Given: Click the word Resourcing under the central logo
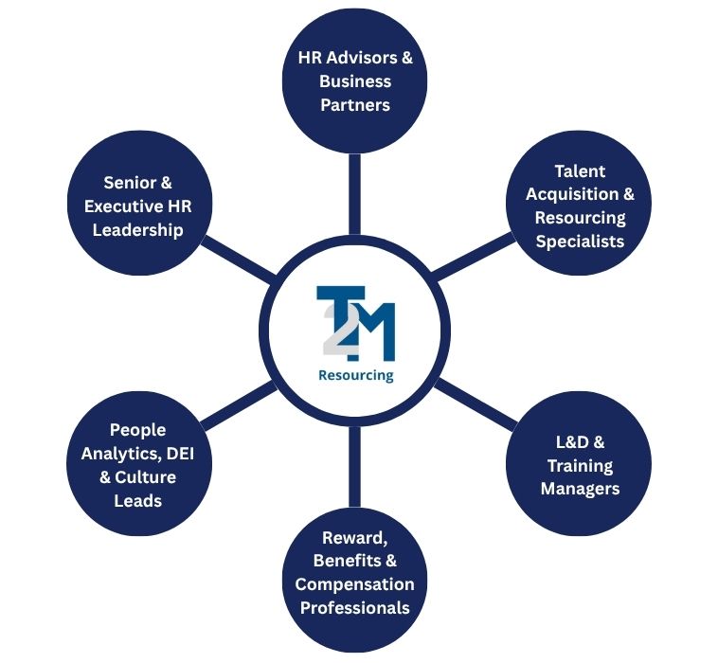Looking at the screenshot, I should pos(355,375).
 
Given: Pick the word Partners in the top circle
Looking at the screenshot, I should pos(355,104).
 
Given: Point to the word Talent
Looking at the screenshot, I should pos(580,171).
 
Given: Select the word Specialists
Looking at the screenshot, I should pos(580,241).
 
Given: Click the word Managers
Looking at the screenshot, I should pos(580,489).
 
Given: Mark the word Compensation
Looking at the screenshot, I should pos(355,583).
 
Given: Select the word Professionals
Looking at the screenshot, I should pos(355,607).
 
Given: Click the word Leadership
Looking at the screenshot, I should pos(137,229).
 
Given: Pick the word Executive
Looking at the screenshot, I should pos(127,206).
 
